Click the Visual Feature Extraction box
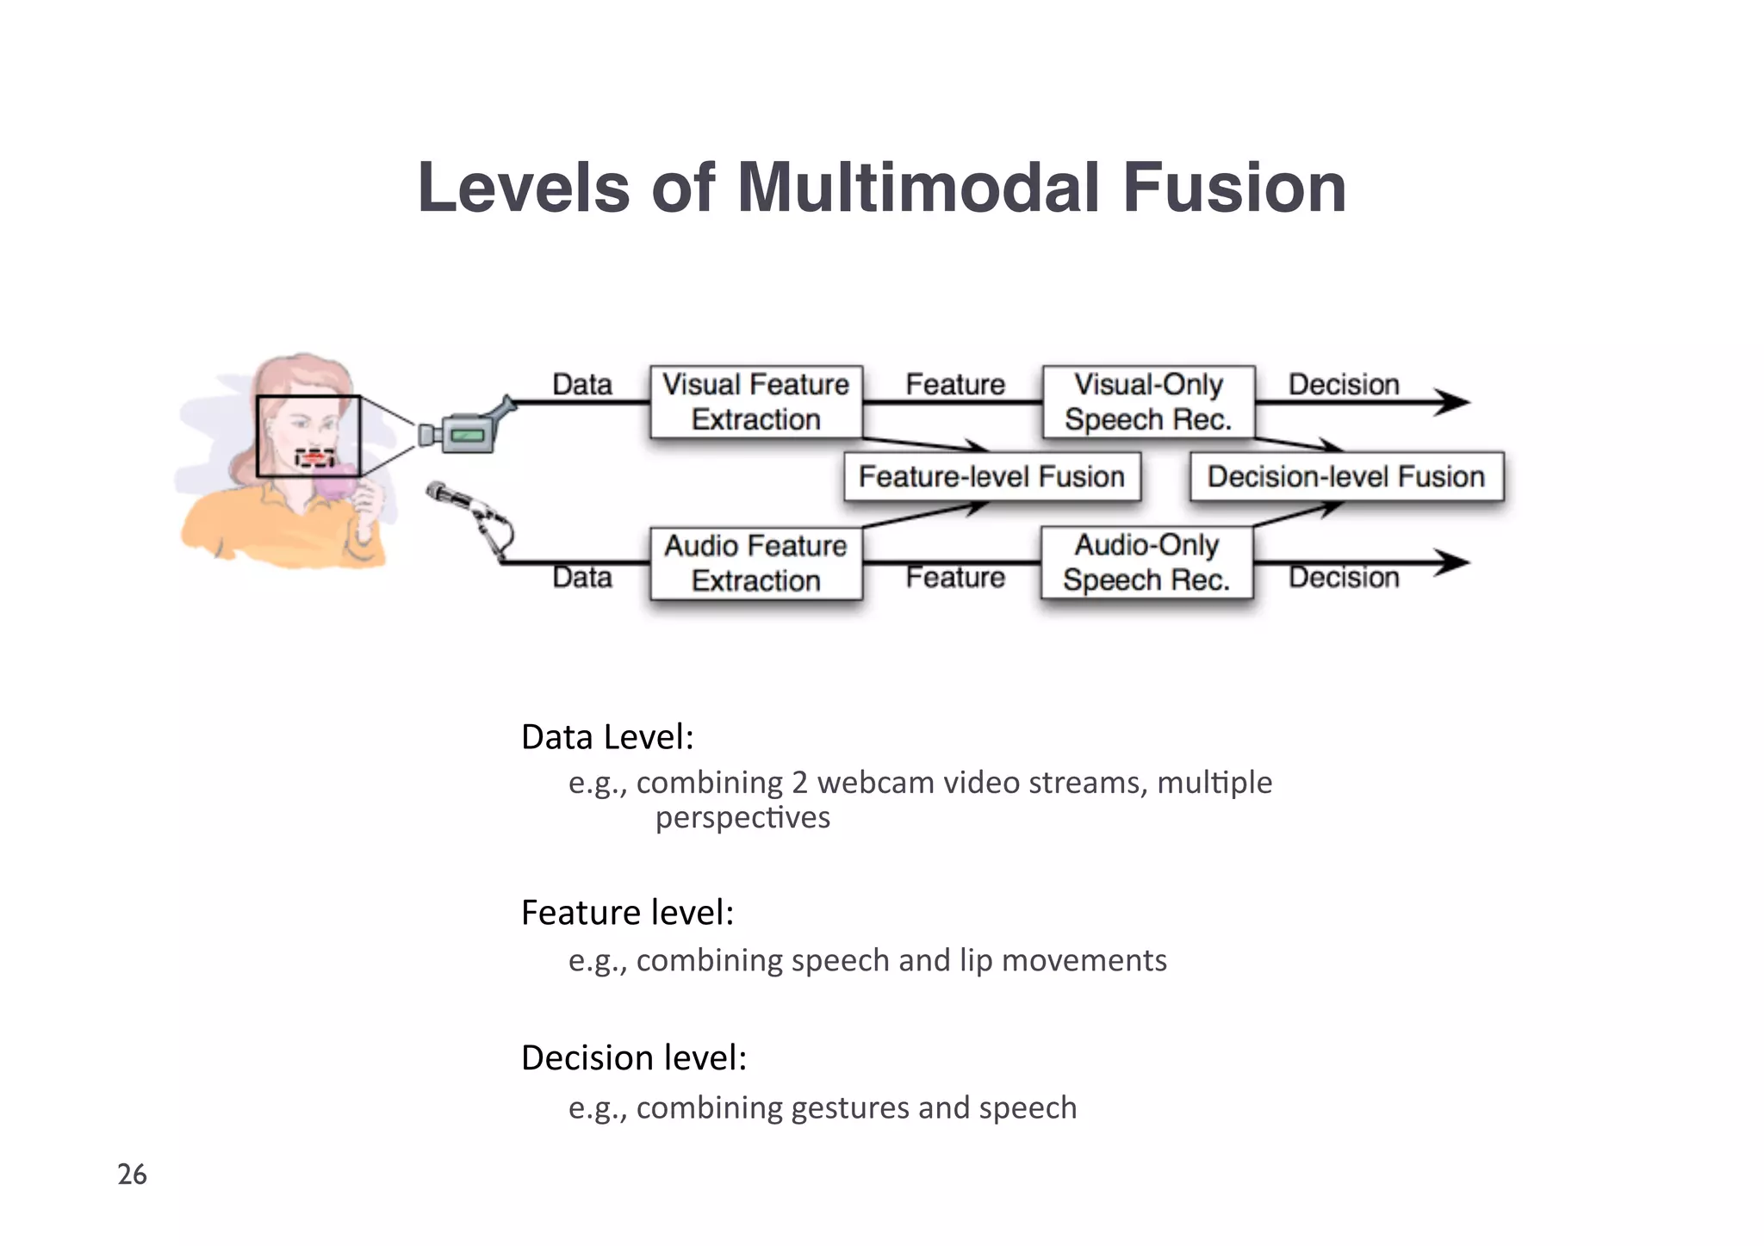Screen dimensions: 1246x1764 click(755, 402)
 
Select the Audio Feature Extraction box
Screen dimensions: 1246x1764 click(755, 563)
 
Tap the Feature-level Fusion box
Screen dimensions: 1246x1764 click(991, 476)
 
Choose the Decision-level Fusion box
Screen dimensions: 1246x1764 click(1345, 476)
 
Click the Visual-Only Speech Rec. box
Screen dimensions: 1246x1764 click(1148, 402)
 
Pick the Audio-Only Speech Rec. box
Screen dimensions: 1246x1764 click(1146, 562)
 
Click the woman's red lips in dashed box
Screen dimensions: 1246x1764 click(316, 456)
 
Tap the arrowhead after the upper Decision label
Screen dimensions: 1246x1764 click(1454, 401)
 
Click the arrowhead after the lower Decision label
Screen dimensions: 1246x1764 click(1454, 562)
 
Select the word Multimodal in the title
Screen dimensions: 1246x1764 click(918, 188)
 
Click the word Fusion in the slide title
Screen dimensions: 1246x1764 click(1233, 188)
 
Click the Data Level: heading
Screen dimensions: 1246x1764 click(607, 737)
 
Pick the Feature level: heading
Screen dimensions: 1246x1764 click(627, 913)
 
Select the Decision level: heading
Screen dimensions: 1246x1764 click(634, 1057)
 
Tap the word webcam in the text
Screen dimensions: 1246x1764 click(875, 783)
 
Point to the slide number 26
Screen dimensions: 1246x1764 click(132, 1175)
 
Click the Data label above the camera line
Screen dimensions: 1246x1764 click(582, 384)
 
